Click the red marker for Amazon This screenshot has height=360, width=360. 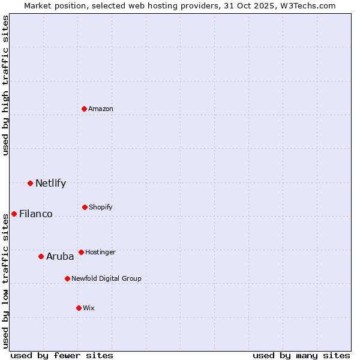(x=85, y=109)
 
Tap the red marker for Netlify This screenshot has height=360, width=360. (x=31, y=183)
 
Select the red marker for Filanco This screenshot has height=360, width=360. (x=14, y=214)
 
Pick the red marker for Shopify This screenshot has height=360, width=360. (x=85, y=207)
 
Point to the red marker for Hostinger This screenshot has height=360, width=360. (x=82, y=252)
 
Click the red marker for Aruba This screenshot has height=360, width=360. (x=41, y=256)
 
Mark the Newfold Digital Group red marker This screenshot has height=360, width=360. (x=68, y=278)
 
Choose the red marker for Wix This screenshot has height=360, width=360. (x=79, y=308)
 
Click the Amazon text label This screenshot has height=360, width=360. (x=101, y=109)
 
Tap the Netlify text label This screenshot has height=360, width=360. (x=50, y=183)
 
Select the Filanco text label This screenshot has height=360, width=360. (x=36, y=214)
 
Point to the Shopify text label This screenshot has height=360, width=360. (x=101, y=207)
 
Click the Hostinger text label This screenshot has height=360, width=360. (x=100, y=252)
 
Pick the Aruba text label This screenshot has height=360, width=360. (x=60, y=256)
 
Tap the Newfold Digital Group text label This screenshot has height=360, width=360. (x=106, y=278)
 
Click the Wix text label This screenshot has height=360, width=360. (x=89, y=308)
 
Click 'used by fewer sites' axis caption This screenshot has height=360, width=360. (x=62, y=355)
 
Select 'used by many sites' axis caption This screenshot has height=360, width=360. (x=301, y=355)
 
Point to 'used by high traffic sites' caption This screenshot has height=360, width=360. (x=5, y=85)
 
